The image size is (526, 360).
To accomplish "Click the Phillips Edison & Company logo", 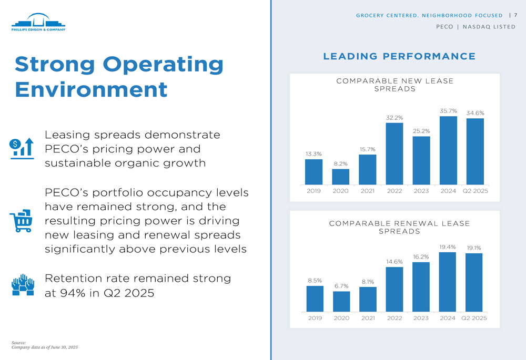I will (38, 23).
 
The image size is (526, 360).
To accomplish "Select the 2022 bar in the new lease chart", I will (394, 153).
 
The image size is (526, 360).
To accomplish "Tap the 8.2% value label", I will (340, 163).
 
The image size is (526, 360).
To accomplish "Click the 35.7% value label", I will (448, 111).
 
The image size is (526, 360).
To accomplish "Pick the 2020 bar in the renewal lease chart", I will (341, 301).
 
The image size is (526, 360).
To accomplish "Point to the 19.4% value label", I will (447, 246).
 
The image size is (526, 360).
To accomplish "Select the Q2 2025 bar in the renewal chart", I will (474, 283).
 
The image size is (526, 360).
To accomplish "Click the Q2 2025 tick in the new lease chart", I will (475, 191).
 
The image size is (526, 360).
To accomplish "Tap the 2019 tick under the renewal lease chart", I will (315, 318).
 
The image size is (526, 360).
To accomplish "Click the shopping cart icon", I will (22, 221).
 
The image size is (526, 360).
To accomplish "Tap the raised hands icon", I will (23, 285).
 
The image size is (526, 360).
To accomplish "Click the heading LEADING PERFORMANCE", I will (399, 56).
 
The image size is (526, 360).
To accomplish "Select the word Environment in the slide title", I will (91, 89).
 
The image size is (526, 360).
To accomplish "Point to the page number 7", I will (515, 15).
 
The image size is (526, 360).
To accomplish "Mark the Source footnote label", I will (18, 343).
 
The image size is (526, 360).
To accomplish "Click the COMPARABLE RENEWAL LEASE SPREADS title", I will (399, 227).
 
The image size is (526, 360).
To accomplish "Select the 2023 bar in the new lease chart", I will (421, 160).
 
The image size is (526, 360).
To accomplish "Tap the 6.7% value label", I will (341, 286).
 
